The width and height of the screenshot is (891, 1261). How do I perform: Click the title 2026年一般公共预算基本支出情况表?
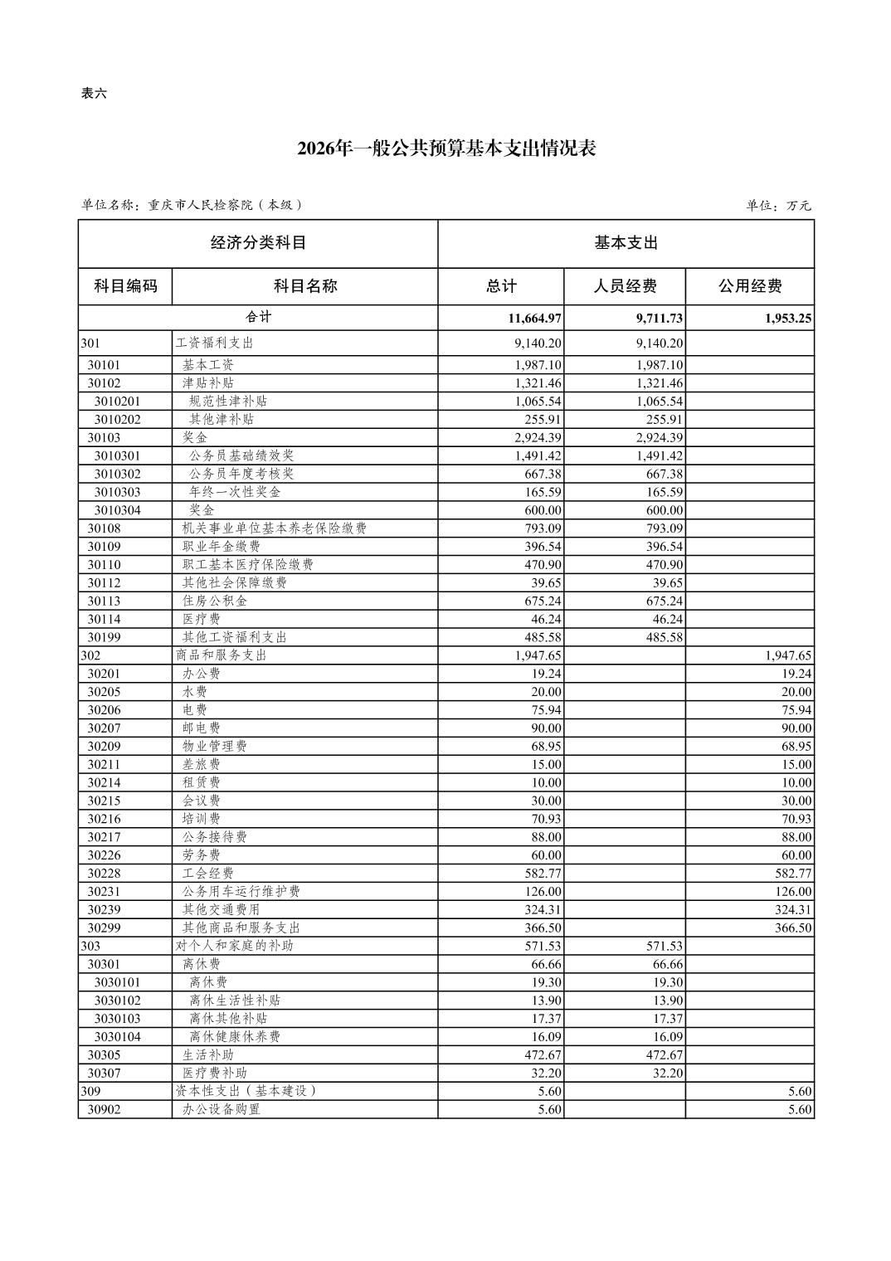(446, 149)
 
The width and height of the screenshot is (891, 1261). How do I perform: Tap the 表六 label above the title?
(94, 94)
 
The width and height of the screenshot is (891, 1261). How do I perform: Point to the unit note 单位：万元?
(778, 206)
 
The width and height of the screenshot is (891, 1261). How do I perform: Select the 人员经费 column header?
(625, 286)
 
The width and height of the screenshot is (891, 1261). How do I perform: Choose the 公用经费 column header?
(750, 286)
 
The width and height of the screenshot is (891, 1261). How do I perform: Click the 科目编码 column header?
(125, 286)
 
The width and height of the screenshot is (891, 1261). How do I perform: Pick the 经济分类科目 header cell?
(258, 243)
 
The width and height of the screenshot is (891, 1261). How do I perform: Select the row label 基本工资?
(208, 365)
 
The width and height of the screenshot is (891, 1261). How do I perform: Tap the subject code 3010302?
(117, 474)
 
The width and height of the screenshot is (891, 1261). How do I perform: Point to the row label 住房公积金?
(215, 601)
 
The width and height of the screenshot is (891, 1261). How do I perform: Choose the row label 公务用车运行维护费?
(241, 891)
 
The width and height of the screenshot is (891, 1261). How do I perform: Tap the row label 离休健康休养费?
(235, 1036)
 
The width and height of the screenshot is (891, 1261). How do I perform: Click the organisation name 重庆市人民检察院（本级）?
(224, 205)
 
